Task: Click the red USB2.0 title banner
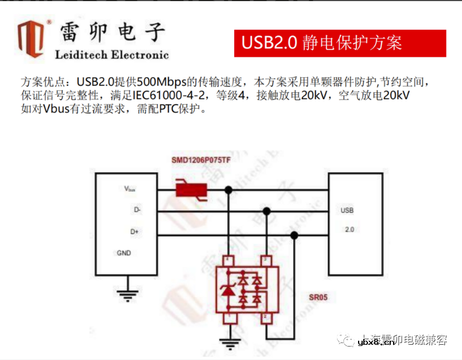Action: click(340, 43)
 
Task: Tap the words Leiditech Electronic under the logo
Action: click(112, 56)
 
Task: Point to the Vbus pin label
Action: click(130, 189)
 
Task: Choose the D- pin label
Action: click(137, 209)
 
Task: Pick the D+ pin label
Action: click(135, 231)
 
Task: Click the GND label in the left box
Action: click(124, 253)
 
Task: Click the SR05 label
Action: click(318, 297)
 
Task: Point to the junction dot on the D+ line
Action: click(294, 236)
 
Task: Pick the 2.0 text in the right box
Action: click(349, 230)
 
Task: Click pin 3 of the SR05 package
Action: click(266, 259)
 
